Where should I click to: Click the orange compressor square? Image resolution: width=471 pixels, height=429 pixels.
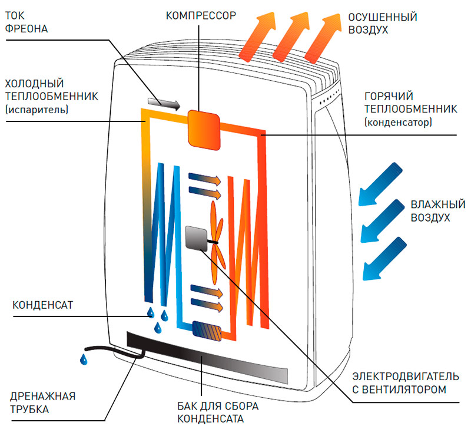(203, 128)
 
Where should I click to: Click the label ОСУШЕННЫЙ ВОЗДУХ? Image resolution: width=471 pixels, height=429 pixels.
(382, 22)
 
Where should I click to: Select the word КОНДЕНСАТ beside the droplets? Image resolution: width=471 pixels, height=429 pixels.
(42, 305)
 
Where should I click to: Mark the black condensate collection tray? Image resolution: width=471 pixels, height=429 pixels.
(206, 357)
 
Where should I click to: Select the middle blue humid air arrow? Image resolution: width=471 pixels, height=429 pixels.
(382, 221)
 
